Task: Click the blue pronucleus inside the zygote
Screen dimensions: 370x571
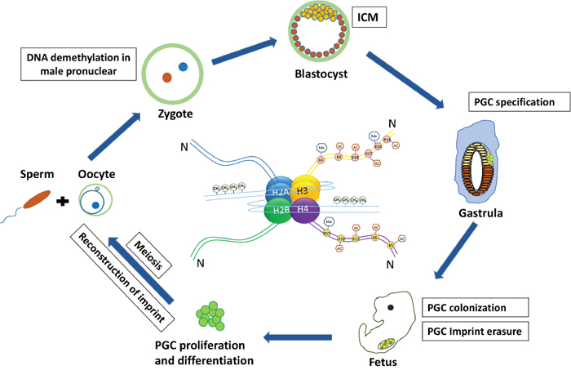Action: click(184, 66)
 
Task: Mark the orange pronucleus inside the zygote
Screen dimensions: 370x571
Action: click(166, 78)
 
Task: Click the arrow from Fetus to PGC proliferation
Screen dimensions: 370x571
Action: click(298, 335)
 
